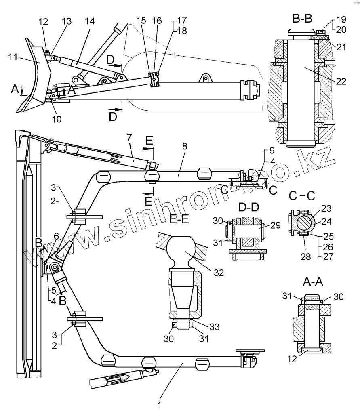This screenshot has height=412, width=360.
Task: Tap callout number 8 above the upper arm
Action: coord(185,147)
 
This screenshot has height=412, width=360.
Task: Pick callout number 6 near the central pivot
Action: coord(56,235)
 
